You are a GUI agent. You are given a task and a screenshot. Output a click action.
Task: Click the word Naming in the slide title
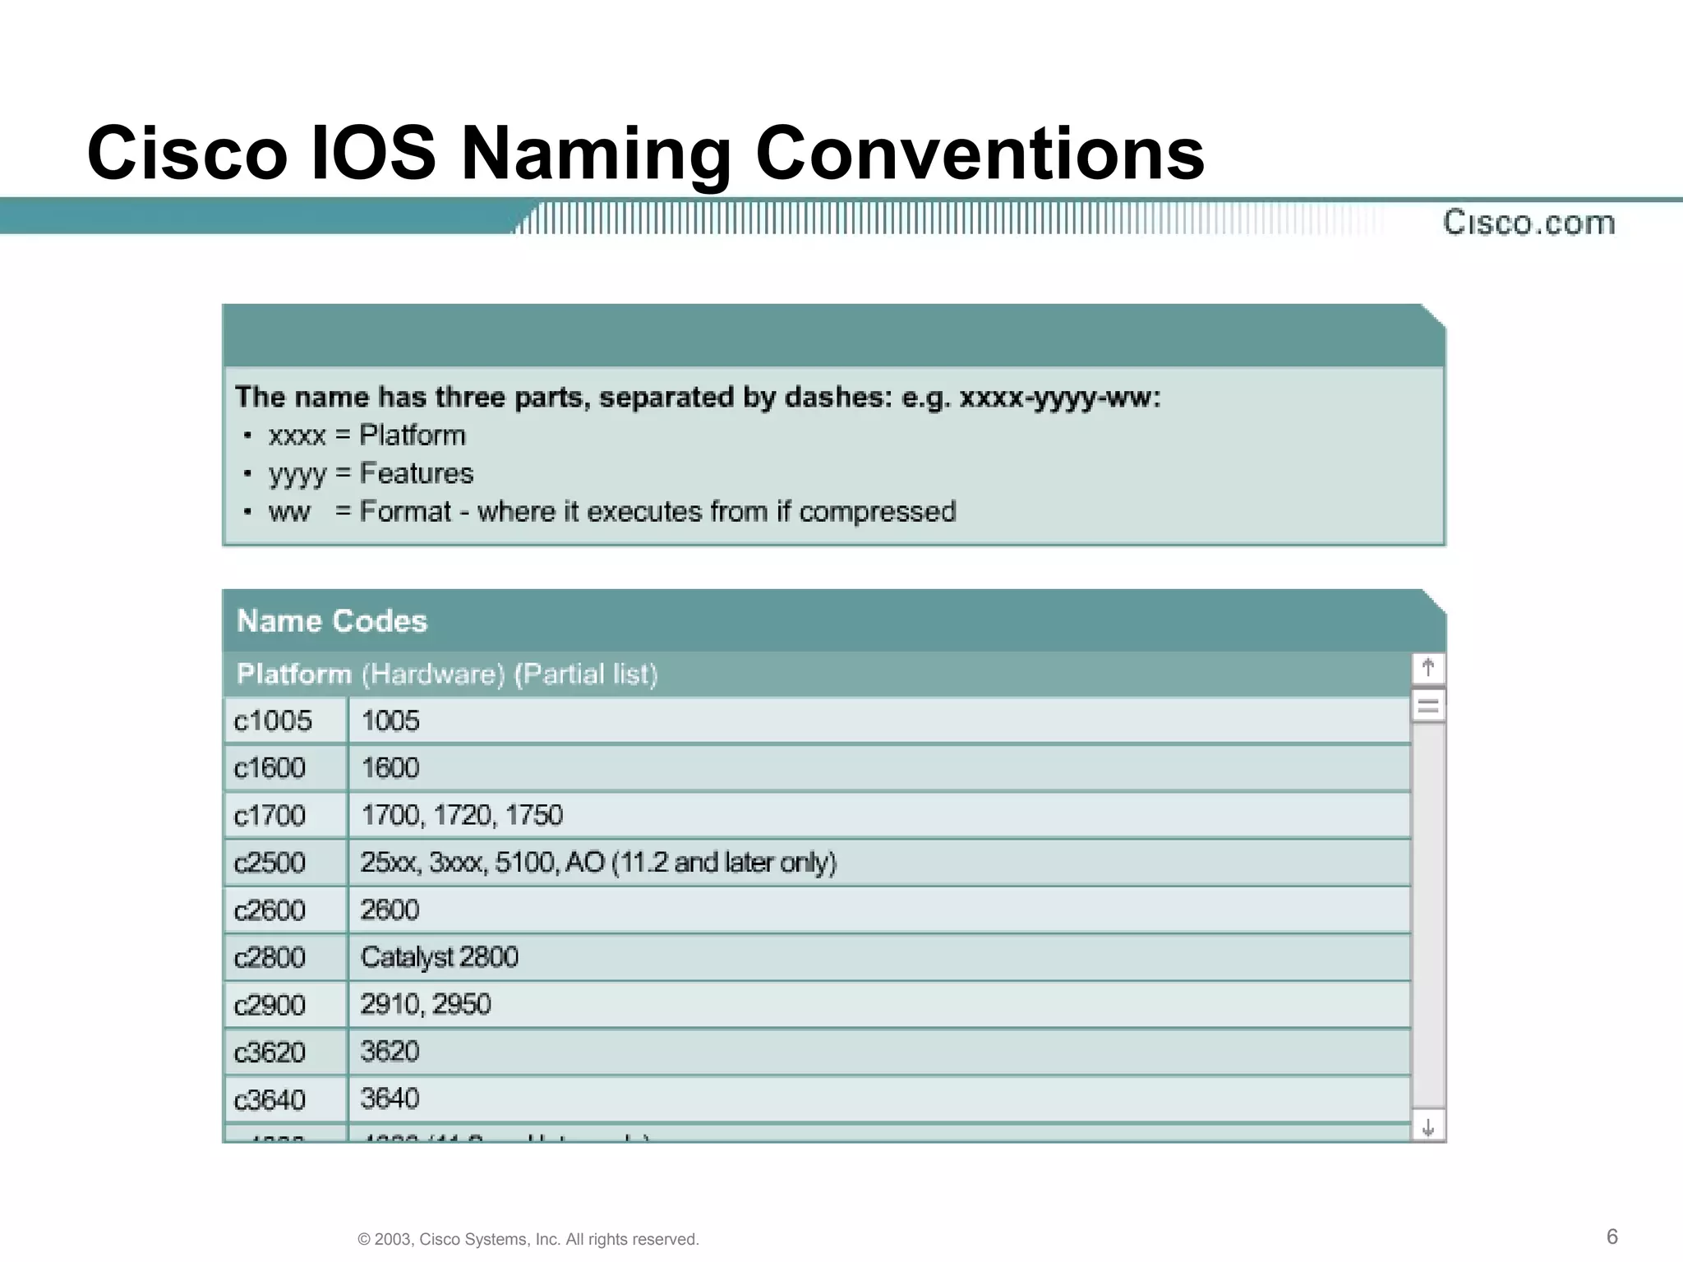[x=596, y=154]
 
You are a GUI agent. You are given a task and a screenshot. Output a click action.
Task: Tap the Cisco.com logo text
[x=1529, y=223]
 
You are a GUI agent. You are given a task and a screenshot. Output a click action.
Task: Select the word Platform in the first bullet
[x=413, y=435]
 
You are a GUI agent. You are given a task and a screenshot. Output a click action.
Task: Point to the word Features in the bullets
[x=417, y=473]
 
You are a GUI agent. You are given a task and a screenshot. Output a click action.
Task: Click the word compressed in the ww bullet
[x=877, y=511]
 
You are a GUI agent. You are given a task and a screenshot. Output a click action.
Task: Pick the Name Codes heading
[x=332, y=621]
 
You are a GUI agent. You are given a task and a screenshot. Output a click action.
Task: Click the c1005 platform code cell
[x=273, y=721]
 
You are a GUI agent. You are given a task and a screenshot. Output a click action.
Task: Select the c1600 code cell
[x=270, y=767]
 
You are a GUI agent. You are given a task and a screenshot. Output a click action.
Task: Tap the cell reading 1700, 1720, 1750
[x=462, y=815]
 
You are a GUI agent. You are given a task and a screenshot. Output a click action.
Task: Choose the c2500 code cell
[x=270, y=863]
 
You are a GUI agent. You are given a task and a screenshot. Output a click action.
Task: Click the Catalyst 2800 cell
[x=439, y=957]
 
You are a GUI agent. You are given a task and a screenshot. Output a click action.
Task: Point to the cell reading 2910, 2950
[x=425, y=1004]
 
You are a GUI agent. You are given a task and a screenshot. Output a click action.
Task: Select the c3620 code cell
[x=270, y=1052]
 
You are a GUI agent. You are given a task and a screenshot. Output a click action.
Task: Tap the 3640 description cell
[x=390, y=1098]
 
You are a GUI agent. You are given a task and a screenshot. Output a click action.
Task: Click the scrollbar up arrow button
[x=1428, y=668]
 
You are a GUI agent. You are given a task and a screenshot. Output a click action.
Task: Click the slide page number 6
[x=1612, y=1237]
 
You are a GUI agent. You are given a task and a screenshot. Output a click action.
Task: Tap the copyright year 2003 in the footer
[x=394, y=1239]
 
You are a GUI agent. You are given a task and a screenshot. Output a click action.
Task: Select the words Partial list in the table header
[x=586, y=674]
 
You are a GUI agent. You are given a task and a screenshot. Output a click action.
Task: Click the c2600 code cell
[x=270, y=910]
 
